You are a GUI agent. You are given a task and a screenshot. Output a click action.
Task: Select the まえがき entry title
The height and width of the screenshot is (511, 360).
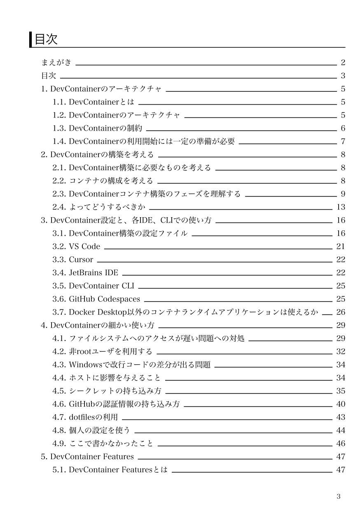[56, 63]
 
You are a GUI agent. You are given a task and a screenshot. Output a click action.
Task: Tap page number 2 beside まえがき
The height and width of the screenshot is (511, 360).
[343, 63]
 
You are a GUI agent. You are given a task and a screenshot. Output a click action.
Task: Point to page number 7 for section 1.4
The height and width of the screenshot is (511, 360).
[343, 141]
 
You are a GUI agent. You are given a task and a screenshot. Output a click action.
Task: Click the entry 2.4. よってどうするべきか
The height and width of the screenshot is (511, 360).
[101, 207]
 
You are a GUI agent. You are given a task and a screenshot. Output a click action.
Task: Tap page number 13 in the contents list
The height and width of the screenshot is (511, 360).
[341, 207]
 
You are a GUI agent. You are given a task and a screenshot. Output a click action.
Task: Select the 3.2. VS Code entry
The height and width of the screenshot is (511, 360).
[76, 246]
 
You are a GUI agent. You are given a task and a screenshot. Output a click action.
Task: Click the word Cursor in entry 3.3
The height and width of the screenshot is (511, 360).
[81, 260]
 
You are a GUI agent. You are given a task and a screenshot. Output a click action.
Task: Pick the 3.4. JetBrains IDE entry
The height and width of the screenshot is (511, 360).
[85, 273]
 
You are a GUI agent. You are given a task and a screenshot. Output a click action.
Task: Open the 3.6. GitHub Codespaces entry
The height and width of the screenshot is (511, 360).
[96, 299]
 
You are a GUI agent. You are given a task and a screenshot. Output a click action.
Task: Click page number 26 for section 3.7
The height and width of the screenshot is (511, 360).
[341, 312]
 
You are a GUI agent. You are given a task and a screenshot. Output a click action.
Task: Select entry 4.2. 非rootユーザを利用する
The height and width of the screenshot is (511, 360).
[102, 352]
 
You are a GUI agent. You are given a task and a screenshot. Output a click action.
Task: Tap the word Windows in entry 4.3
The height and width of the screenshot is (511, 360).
[86, 365]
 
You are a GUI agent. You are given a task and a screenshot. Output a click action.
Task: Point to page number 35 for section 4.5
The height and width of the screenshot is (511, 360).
[341, 391]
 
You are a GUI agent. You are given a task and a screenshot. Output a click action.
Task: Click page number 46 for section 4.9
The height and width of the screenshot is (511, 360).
[341, 443]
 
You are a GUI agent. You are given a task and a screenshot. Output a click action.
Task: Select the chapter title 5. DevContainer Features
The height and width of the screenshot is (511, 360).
[87, 457]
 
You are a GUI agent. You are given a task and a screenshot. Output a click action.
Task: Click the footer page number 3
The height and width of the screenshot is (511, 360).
[339, 497]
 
